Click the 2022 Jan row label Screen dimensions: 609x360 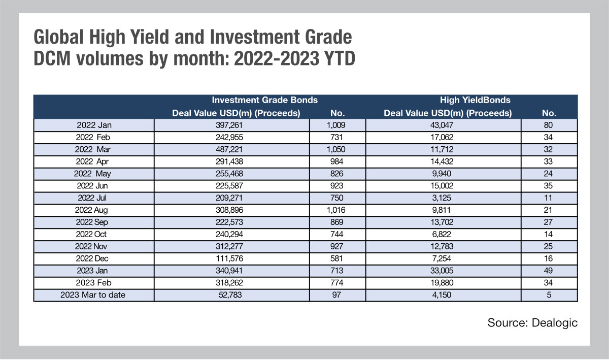94,125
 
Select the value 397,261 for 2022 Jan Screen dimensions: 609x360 229,125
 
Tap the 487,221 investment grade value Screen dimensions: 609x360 229,149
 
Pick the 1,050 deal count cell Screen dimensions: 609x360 336,149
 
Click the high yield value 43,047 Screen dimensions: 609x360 442,125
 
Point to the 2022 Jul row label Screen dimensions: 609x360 92,198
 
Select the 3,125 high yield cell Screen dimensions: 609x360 442,198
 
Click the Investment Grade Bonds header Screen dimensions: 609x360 264,100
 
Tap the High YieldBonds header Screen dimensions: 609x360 475,100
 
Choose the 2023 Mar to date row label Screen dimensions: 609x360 93,295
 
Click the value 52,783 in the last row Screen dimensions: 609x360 230,295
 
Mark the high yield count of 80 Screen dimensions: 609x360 548,125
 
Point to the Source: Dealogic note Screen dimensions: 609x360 532,323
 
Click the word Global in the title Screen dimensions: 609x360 58,37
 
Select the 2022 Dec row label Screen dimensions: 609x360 92,258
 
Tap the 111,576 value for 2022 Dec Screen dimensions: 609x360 229,258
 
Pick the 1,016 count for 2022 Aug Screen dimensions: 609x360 336,210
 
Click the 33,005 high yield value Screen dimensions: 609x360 442,271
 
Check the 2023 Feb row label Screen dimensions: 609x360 93,283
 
